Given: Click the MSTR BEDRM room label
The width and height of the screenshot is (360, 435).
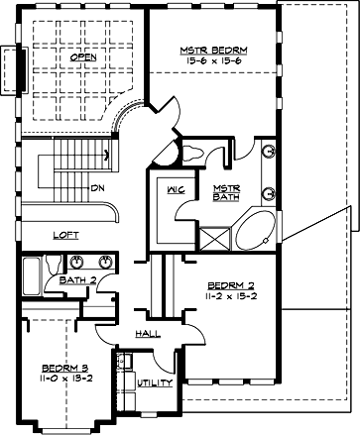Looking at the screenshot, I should (x=213, y=49).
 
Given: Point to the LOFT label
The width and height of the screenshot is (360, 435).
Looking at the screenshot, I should (x=65, y=235).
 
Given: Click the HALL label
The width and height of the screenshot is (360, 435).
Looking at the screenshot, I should (x=148, y=335).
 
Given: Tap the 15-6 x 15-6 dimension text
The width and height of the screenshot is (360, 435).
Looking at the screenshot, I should (x=213, y=60).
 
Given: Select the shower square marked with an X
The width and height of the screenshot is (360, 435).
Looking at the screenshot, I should (x=213, y=237).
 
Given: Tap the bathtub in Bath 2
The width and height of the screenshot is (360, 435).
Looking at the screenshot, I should (x=31, y=269).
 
